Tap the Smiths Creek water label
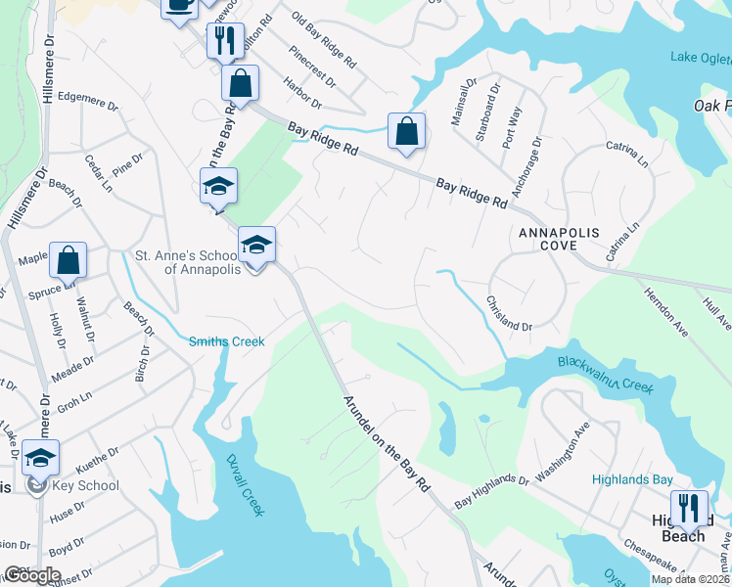[227, 341]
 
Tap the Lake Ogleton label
[701, 57]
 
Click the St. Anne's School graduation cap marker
[256, 246]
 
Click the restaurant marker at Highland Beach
[690, 507]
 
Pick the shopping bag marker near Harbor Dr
[406, 131]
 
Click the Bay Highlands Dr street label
[492, 492]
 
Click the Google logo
[32, 575]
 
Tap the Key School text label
[85, 485]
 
